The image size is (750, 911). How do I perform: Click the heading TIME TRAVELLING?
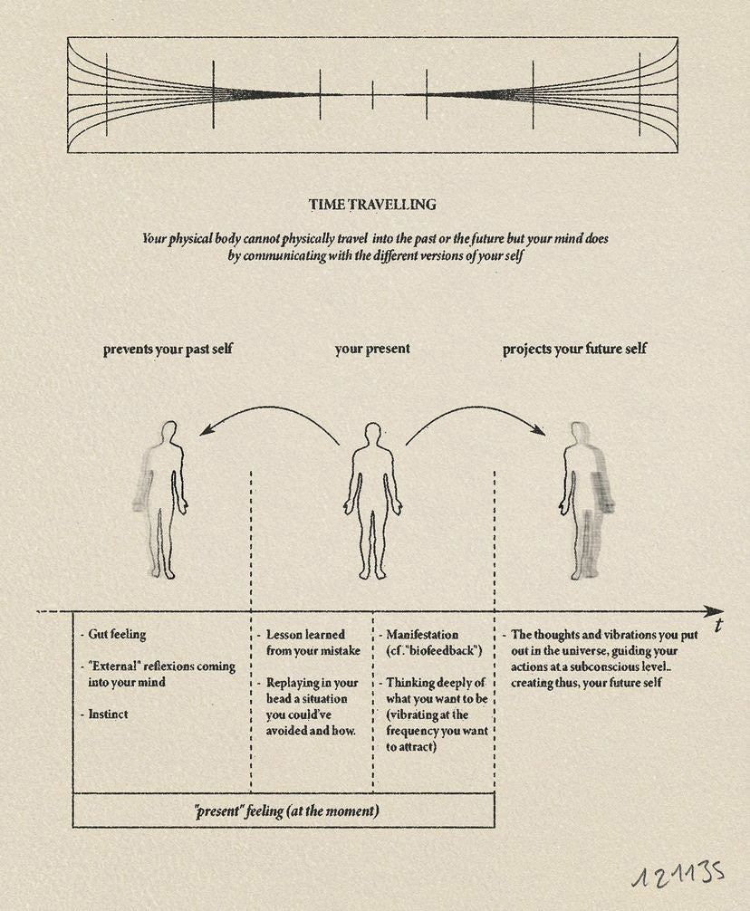click(x=372, y=205)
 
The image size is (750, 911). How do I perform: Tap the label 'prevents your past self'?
click(x=168, y=349)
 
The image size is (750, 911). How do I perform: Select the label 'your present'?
click(x=372, y=349)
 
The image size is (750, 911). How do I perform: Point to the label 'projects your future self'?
click(x=575, y=349)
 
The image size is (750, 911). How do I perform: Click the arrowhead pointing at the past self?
click(x=206, y=433)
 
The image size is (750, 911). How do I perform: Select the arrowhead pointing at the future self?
click(x=540, y=433)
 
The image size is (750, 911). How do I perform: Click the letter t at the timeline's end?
click(x=718, y=627)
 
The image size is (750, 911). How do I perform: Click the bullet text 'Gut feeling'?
click(x=118, y=635)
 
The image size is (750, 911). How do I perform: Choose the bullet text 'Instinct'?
click(x=108, y=714)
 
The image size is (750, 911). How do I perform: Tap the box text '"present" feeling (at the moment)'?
click(x=286, y=811)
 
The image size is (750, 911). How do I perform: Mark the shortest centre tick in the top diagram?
click(x=372, y=94)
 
